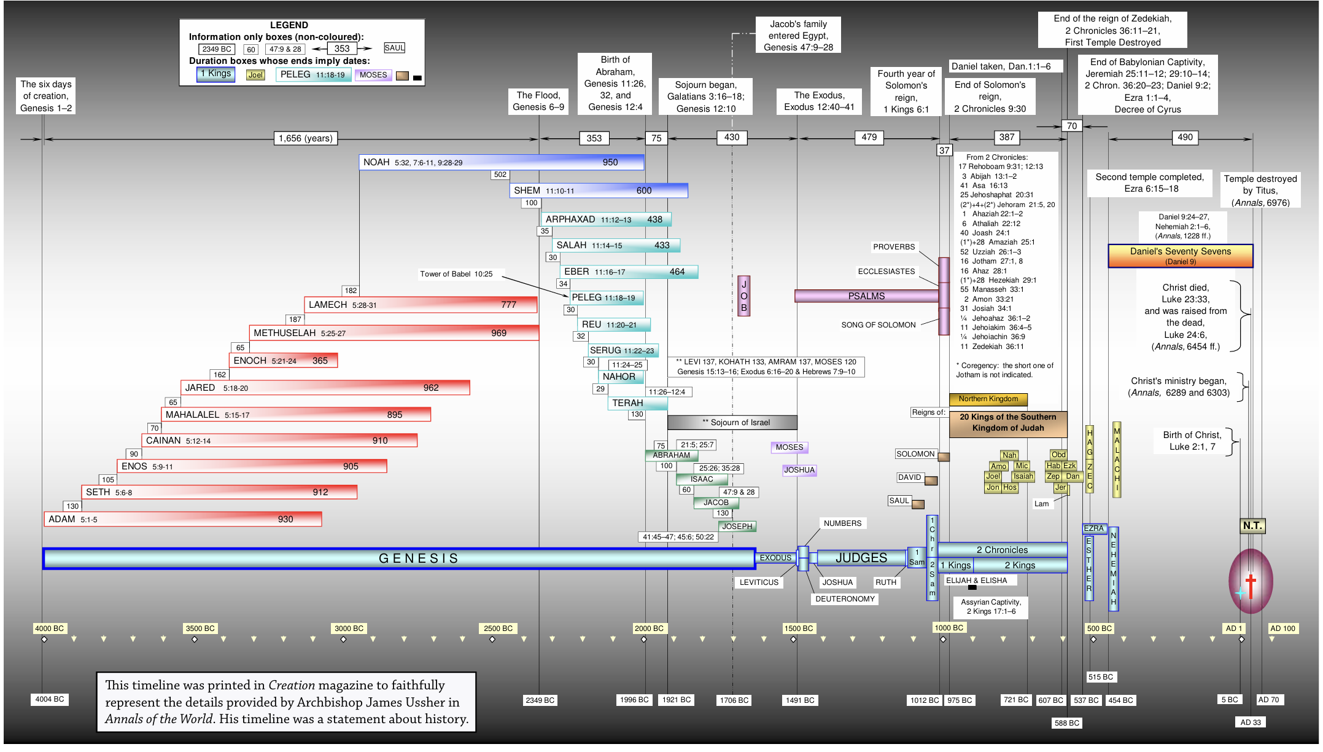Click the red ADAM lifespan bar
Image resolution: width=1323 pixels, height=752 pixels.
pyautogui.click(x=182, y=519)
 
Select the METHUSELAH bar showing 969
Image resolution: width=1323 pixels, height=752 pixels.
pyautogui.click(x=394, y=333)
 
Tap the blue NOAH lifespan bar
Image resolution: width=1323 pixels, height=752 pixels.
pyautogui.click(x=501, y=162)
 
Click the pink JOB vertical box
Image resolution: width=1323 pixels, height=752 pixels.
pyautogui.click(x=743, y=296)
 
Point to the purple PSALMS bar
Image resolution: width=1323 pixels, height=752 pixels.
pyautogui.click(x=866, y=296)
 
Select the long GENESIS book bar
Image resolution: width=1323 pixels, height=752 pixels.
pyautogui.click(x=399, y=558)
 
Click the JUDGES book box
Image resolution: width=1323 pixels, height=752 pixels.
pyautogui.click(x=861, y=558)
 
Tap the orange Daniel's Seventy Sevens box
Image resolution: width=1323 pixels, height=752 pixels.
pyautogui.click(x=1180, y=256)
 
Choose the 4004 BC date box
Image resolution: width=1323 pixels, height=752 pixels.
pyautogui.click(x=50, y=699)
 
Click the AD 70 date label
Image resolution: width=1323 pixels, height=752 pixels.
pyautogui.click(x=1268, y=700)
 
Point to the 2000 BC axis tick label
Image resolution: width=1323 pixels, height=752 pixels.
pyautogui.click(x=649, y=629)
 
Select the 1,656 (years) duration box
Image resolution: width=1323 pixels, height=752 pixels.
pyautogui.click(x=305, y=138)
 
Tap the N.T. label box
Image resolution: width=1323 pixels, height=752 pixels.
pyautogui.click(x=1252, y=526)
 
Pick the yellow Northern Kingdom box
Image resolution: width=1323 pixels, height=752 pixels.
pyautogui.click(x=988, y=399)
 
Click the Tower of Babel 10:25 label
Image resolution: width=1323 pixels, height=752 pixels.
pyautogui.click(x=456, y=274)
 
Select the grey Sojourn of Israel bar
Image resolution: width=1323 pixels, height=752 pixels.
pyautogui.click(x=732, y=423)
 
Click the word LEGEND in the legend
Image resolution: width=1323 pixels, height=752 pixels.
pyautogui.click(x=289, y=25)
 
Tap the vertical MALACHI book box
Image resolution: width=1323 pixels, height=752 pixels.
pyautogui.click(x=1117, y=459)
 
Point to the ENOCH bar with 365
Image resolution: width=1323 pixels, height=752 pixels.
pyautogui.click(x=283, y=361)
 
